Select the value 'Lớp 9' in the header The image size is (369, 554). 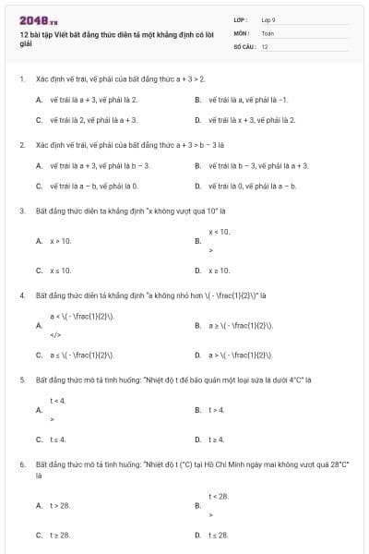pyautogui.click(x=268, y=19)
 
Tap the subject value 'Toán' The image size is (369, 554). pyautogui.click(x=267, y=32)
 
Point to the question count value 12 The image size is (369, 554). pyautogui.click(x=265, y=45)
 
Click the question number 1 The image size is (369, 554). pyautogui.click(x=21, y=79)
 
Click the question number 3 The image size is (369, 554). pyautogui.click(x=21, y=211)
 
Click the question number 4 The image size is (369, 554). pyautogui.click(x=21, y=296)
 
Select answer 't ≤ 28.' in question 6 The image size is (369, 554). pyautogui.click(x=219, y=536)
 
